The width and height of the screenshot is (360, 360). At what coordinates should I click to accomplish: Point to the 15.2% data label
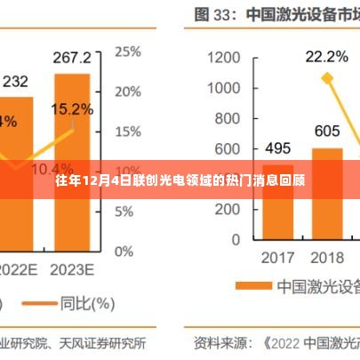point(72,110)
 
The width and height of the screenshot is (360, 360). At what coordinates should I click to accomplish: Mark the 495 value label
point(279,148)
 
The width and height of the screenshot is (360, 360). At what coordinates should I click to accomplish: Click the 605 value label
point(327,131)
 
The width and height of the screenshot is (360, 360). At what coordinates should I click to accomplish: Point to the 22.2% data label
point(327,58)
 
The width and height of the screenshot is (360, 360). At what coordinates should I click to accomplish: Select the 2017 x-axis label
point(279,258)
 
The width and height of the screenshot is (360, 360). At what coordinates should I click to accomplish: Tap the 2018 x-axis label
point(327,258)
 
